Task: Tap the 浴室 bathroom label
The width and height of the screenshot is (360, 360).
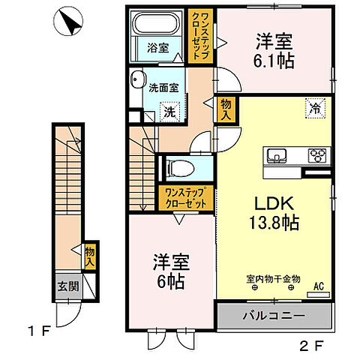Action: click(x=157, y=47)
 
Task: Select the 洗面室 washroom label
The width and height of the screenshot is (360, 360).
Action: click(x=163, y=86)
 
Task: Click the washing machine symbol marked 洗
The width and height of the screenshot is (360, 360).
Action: click(x=172, y=111)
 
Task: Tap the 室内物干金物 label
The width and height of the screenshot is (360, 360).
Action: click(x=274, y=278)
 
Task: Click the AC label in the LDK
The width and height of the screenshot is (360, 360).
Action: click(x=318, y=286)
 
